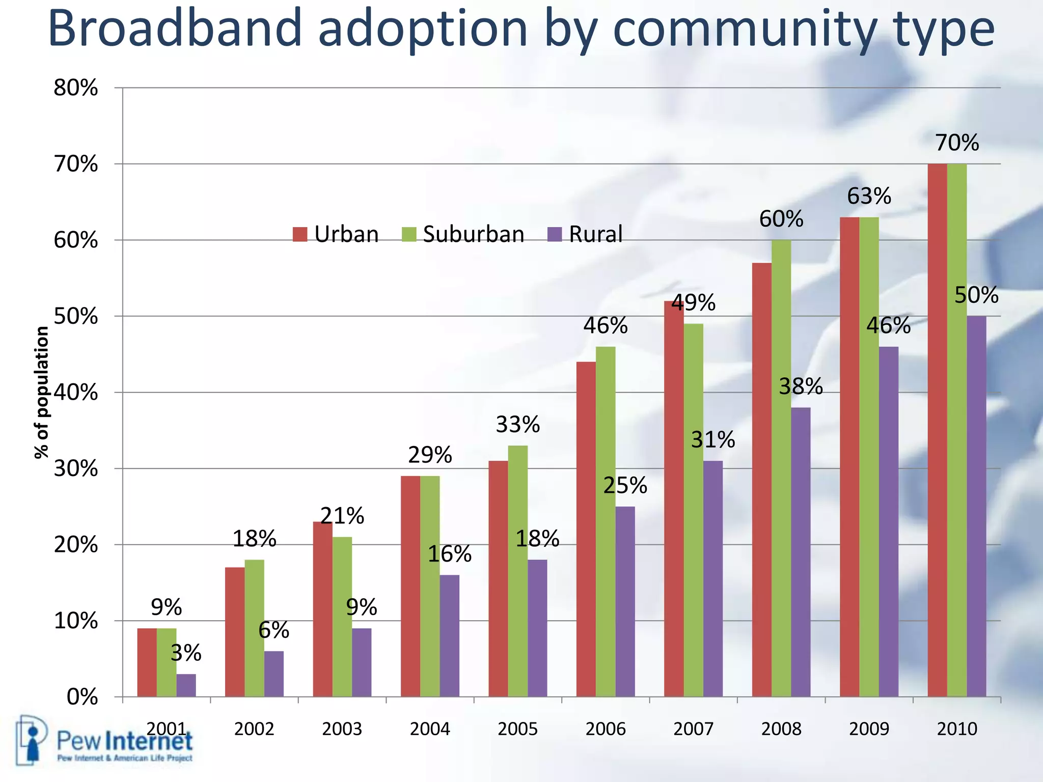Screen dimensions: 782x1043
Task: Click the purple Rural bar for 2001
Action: [186, 685]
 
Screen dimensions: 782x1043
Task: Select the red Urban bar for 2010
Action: [937, 430]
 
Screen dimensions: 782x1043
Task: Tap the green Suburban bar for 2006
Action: [606, 521]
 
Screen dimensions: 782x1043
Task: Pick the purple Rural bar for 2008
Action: [801, 552]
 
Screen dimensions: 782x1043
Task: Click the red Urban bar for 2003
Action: [322, 609]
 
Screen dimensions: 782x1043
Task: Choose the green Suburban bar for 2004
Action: [430, 586]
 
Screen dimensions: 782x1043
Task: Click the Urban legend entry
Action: [336, 234]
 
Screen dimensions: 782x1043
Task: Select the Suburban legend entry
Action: [463, 234]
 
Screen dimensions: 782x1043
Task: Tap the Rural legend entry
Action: [585, 234]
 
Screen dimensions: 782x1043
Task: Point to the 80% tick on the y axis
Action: [75, 88]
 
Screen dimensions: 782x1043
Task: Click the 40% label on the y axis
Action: [75, 393]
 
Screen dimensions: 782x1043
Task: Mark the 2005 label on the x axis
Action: [517, 729]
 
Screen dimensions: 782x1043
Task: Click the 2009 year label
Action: [869, 729]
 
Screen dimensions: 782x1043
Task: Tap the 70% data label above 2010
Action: [956, 143]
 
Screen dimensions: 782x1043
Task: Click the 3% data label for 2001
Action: [186, 653]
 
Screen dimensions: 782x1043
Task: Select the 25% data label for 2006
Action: [625, 486]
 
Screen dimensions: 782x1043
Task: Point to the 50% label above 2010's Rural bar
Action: [976, 295]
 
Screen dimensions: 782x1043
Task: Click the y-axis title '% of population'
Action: [42, 393]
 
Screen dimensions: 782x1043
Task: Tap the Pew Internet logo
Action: [104, 741]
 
